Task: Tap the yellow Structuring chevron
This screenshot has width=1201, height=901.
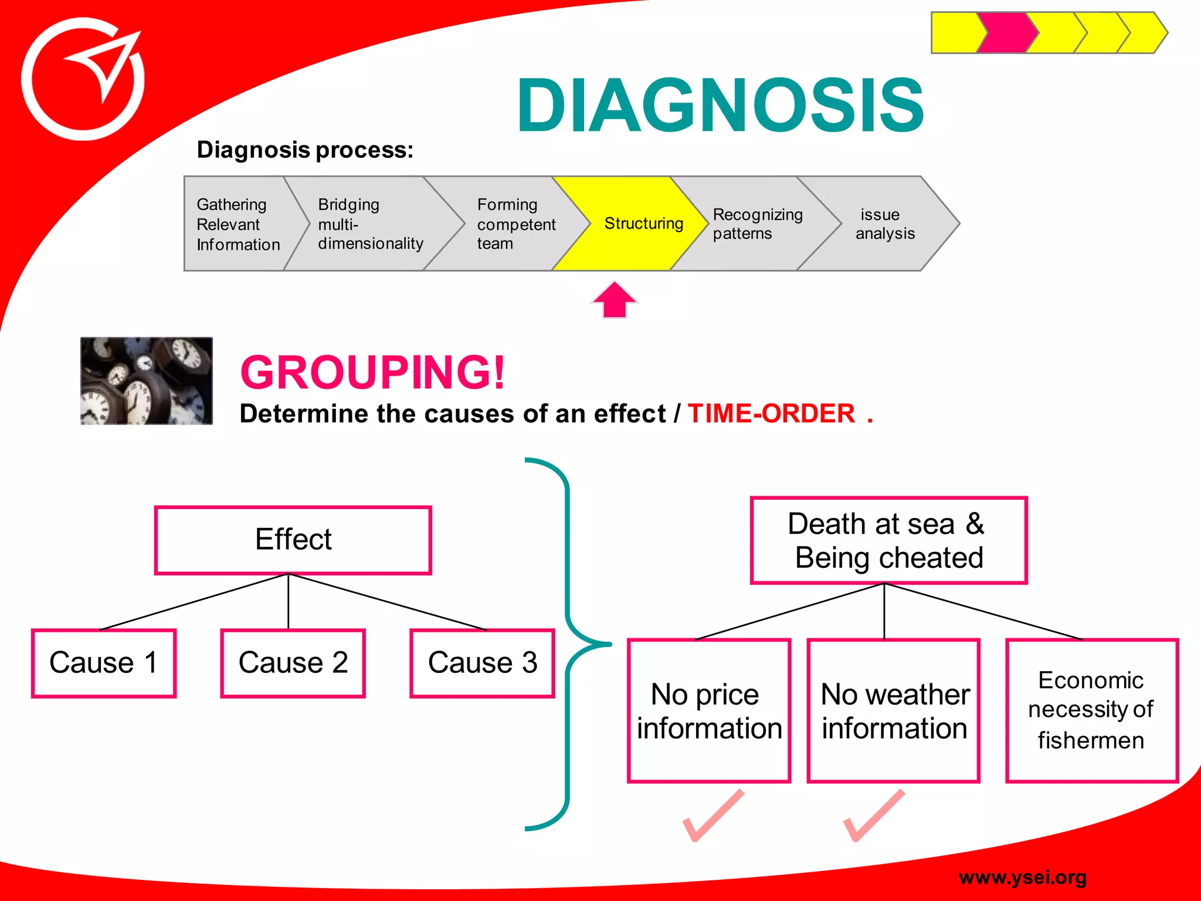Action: (630, 223)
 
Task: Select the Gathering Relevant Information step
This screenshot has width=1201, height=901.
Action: (238, 224)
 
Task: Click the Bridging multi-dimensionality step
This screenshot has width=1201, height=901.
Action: (369, 224)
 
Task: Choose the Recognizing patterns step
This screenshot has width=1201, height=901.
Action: (756, 224)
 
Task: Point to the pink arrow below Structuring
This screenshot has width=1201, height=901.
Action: (614, 300)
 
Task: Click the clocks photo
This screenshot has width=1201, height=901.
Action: (146, 381)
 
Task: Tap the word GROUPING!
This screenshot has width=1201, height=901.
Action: (372, 372)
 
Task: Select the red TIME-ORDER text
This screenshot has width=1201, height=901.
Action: (771, 414)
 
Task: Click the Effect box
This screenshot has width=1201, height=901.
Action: (293, 540)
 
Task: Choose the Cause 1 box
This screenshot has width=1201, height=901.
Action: (104, 663)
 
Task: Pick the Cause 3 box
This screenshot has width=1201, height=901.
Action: (482, 663)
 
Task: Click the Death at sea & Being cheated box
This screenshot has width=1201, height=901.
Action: (888, 540)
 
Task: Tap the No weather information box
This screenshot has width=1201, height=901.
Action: (893, 710)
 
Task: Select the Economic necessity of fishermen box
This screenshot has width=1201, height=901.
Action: (1091, 710)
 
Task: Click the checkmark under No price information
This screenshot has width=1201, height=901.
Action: (713, 817)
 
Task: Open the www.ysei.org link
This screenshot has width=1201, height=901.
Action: (1022, 878)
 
